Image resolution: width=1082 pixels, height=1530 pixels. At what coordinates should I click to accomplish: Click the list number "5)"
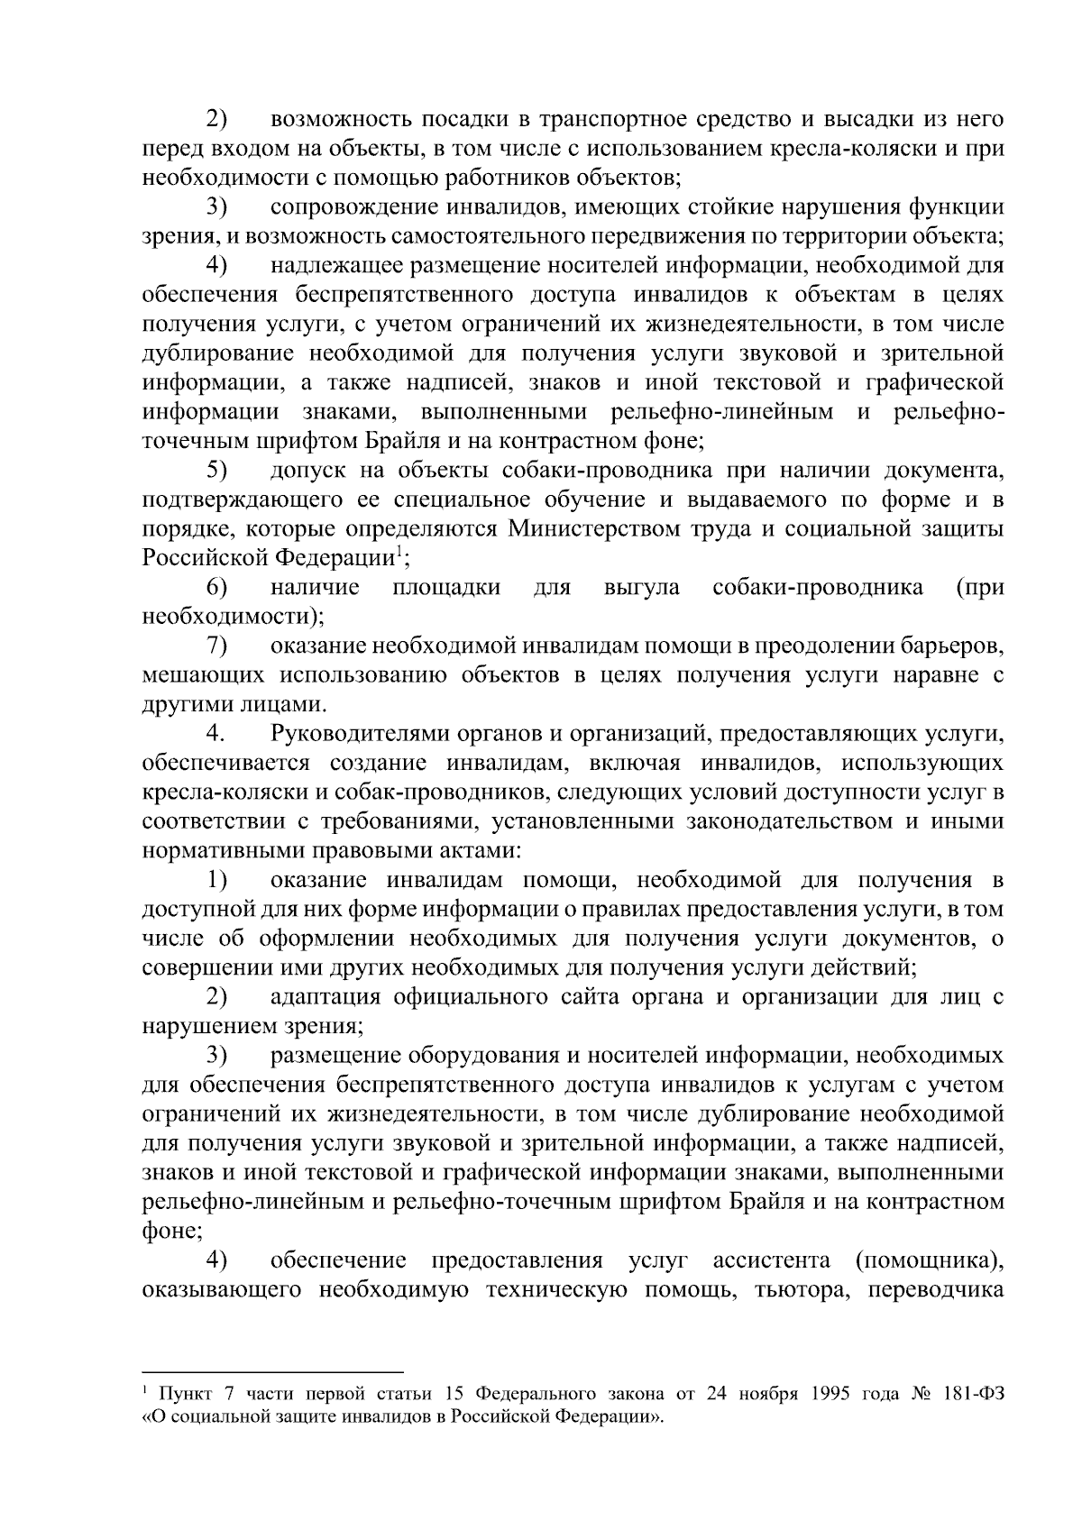click(216, 470)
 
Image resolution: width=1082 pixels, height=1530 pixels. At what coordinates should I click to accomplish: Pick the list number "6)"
click(216, 587)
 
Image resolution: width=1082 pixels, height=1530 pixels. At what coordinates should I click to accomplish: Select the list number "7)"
click(216, 646)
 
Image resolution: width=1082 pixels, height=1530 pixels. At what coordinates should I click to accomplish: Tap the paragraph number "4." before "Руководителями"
click(215, 734)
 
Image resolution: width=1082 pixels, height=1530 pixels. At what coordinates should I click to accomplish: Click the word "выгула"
click(641, 588)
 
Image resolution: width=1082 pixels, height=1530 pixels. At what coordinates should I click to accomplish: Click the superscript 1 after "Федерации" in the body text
click(398, 551)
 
